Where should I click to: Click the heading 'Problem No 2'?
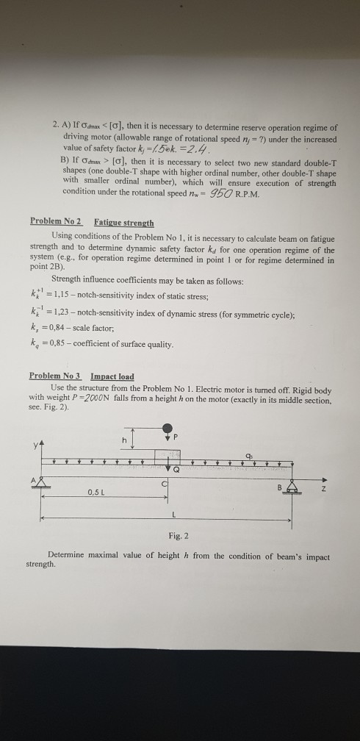[x=57, y=221]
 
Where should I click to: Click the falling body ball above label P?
[x=168, y=429]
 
